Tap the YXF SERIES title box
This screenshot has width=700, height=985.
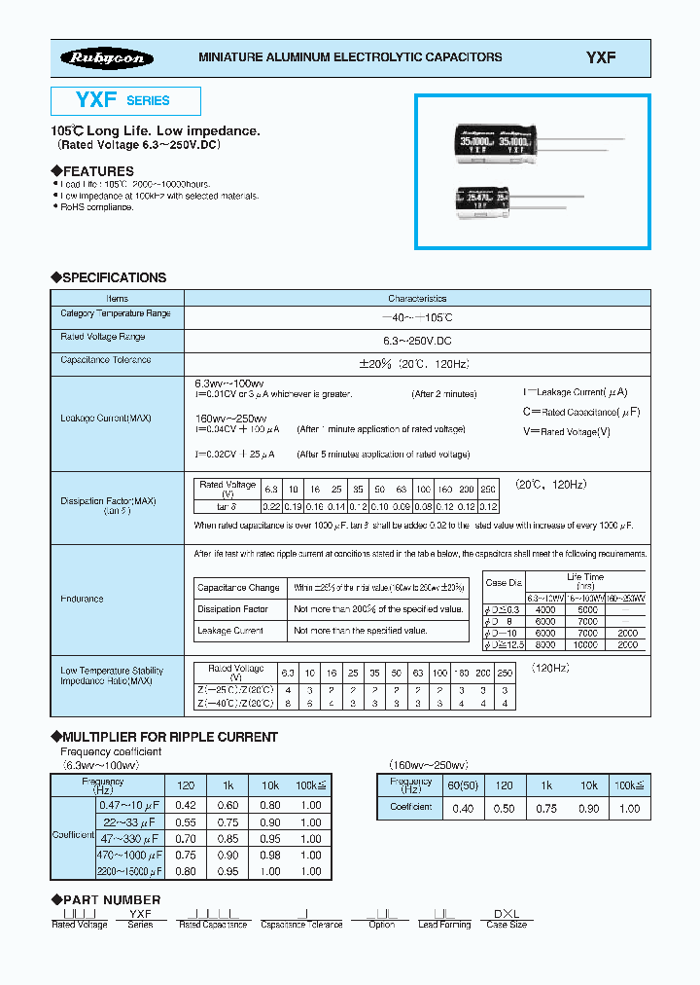[125, 100]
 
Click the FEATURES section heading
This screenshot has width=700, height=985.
[98, 171]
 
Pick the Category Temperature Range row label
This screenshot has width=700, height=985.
[116, 314]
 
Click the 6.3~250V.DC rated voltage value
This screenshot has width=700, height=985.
[417, 338]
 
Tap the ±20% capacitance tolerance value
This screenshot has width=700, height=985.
[416, 362]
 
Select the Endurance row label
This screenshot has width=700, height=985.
[82, 599]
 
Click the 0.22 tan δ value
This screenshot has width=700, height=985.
[272, 506]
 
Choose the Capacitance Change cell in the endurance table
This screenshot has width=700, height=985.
[238, 588]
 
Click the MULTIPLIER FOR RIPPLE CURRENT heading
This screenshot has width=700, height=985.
[170, 737]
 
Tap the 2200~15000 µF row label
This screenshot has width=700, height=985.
[129, 871]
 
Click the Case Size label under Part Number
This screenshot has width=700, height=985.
[507, 925]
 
